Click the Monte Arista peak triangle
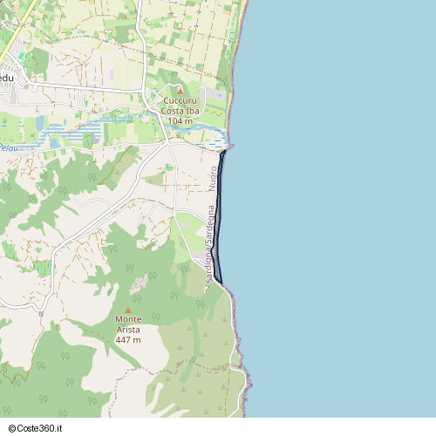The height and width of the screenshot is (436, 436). click(x=128, y=310)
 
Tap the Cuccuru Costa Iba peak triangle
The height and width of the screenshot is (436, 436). click(x=181, y=90)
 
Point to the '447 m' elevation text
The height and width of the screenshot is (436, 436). click(x=128, y=339)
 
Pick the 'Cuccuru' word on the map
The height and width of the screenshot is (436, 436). click(x=181, y=100)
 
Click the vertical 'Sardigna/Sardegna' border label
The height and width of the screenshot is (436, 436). click(x=209, y=243)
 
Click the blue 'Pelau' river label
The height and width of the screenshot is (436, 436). click(x=8, y=149)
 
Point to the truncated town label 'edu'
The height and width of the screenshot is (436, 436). click(x=7, y=78)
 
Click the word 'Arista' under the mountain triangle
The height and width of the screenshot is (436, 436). click(x=128, y=330)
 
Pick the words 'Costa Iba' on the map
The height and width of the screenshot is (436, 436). click(x=181, y=111)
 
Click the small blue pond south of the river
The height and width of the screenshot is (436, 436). click(x=168, y=166)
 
